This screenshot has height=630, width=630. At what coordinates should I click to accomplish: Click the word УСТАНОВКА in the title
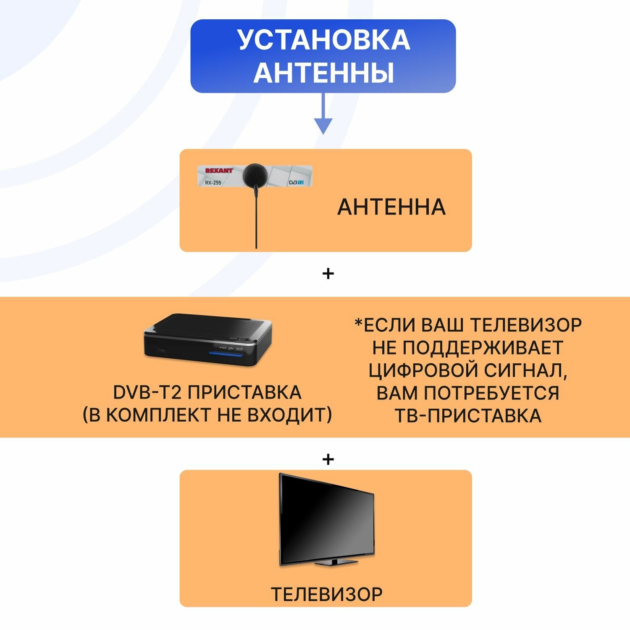(x=323, y=40)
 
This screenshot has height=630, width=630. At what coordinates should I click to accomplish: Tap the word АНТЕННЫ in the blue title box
(x=323, y=72)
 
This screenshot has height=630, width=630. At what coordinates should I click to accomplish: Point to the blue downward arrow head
(x=323, y=126)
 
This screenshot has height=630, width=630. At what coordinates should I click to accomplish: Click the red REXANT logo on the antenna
(x=219, y=171)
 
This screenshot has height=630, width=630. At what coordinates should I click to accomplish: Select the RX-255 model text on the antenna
(x=213, y=183)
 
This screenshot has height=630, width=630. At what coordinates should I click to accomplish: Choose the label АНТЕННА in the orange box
(x=391, y=207)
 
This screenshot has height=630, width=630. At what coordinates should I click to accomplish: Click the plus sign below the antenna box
(x=328, y=274)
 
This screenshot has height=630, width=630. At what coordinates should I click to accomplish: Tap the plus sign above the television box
(x=328, y=459)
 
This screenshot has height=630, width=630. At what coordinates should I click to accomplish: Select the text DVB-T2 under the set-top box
(x=147, y=392)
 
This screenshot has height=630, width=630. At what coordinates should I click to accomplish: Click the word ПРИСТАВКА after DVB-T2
(x=244, y=392)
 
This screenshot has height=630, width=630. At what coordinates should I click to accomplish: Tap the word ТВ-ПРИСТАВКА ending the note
(x=467, y=415)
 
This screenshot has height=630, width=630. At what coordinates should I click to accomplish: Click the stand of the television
(x=332, y=562)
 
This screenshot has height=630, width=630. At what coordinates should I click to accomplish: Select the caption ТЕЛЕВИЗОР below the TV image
(x=326, y=594)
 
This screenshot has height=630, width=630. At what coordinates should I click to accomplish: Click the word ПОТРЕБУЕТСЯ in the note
(x=491, y=393)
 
